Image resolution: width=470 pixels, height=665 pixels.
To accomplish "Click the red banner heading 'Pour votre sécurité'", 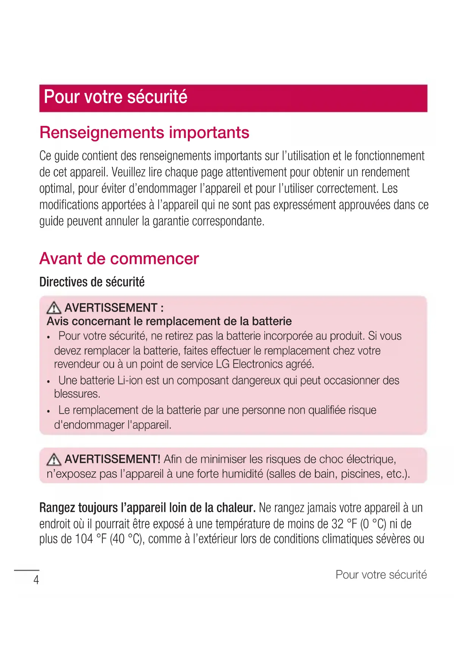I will pos(116,97).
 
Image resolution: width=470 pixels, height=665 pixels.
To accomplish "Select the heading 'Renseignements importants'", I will pos(144,133).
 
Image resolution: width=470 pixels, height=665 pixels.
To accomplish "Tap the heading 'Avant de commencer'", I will pos(119,259).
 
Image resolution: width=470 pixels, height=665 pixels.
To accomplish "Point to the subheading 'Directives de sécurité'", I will pos(92,282).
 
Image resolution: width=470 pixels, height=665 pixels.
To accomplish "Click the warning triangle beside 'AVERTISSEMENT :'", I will pos(54,307).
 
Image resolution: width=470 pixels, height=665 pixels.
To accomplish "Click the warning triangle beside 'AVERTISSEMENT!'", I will pos(54,459).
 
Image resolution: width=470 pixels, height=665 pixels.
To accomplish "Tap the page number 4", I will pos(36,580).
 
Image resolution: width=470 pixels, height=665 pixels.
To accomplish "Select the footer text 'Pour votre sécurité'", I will pos(381,575).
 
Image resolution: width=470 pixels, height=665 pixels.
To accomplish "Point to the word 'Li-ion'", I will pos(130,380).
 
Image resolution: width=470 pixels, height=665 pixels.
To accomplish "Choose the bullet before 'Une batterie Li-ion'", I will pos(48,381).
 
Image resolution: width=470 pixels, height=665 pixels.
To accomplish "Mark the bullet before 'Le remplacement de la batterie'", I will pos(48,411).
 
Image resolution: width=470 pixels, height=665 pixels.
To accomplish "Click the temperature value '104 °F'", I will pos(91,539).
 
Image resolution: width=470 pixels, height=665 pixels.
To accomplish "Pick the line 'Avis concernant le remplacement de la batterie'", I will pos(169,322).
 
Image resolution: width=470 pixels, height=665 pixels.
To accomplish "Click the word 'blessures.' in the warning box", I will pos(77,394).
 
